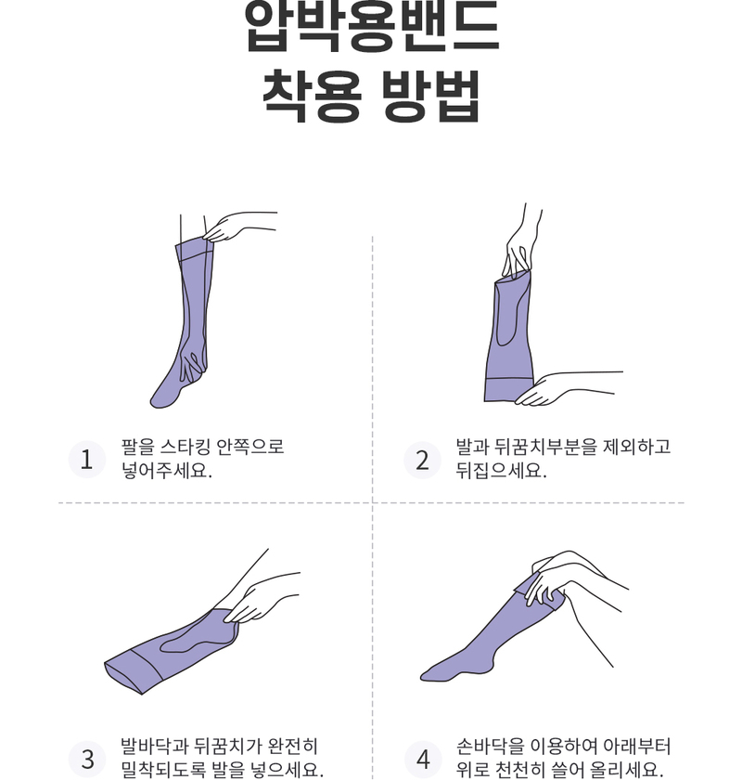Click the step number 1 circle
(87, 459)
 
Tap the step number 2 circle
(422, 460)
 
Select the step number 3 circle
(87, 760)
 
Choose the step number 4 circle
(422, 760)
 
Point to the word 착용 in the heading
(312, 96)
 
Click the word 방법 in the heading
(430, 96)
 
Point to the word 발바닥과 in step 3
(155, 747)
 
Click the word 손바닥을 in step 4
(490, 747)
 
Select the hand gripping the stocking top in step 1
(238, 227)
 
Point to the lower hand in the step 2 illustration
(567, 388)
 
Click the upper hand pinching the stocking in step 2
(521, 243)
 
